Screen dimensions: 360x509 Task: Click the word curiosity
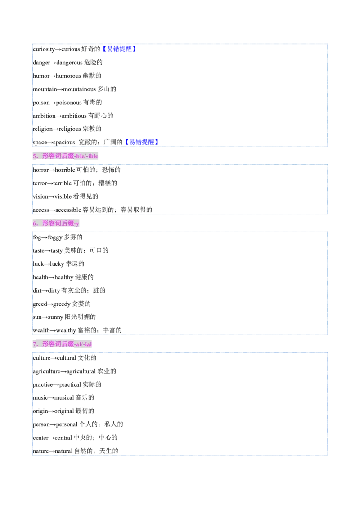click(x=44, y=49)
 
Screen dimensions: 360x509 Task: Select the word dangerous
click(x=70, y=63)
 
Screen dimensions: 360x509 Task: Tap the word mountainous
click(x=80, y=89)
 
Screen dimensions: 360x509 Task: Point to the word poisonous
click(x=69, y=103)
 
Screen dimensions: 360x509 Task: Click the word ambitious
click(x=74, y=116)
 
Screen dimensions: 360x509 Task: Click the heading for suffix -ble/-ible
click(x=65, y=156)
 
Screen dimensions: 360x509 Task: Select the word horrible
click(x=65, y=170)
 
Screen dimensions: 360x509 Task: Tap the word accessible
click(x=68, y=210)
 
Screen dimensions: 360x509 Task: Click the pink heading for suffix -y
click(x=56, y=223)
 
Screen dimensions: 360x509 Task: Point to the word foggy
click(x=55, y=237)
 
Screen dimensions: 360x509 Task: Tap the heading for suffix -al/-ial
click(x=62, y=344)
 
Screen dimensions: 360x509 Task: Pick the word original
click(x=64, y=411)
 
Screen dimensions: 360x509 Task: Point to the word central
click(x=63, y=438)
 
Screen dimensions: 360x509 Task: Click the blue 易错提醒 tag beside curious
click(x=119, y=49)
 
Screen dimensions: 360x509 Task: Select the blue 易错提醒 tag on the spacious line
click(x=142, y=142)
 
